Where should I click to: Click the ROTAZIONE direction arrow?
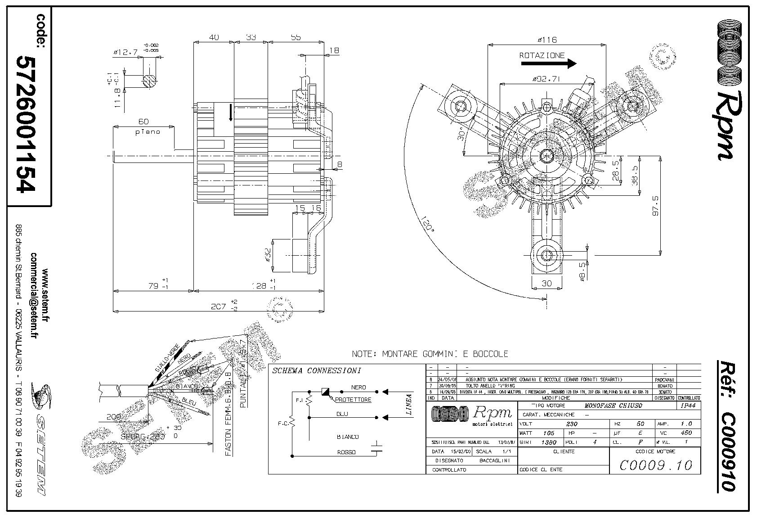point(548,63)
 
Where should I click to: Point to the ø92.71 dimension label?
point(546,79)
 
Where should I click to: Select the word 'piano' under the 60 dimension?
point(144,132)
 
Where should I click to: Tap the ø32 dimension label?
point(268,255)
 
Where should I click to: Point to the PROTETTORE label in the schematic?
point(353,400)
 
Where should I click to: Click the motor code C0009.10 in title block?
point(655,465)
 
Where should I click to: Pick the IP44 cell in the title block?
point(688,406)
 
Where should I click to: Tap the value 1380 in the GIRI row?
point(548,442)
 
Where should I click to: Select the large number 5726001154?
point(26,124)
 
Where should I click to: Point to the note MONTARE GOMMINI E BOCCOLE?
point(430,354)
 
